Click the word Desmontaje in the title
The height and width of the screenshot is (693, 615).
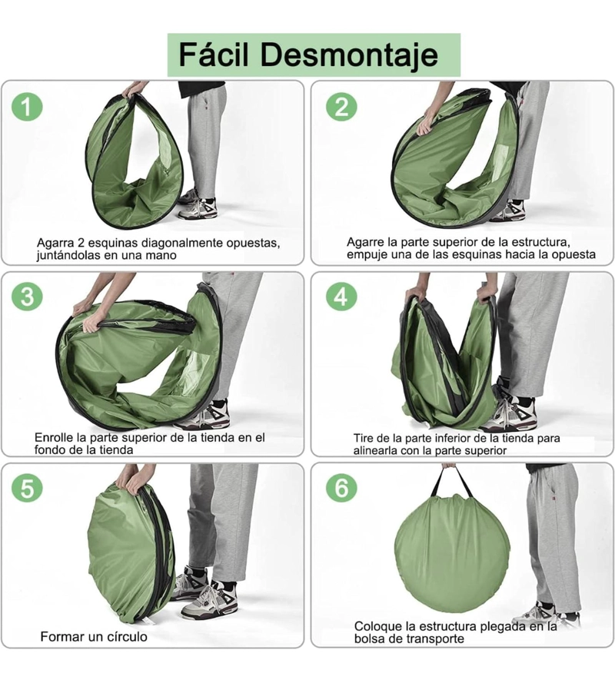tap(349, 55)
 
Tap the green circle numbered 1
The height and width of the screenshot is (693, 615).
tap(27, 107)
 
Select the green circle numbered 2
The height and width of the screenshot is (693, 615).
tap(341, 107)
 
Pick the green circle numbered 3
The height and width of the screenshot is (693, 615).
tap(27, 296)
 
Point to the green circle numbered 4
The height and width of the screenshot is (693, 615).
tap(341, 296)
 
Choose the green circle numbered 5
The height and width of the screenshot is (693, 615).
tap(27, 488)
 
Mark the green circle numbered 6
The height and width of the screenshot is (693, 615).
tap(341, 488)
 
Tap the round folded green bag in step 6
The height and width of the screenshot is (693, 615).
tap(452, 553)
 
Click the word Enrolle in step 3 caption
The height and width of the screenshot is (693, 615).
tap(54, 438)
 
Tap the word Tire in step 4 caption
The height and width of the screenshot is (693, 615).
tap(363, 439)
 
